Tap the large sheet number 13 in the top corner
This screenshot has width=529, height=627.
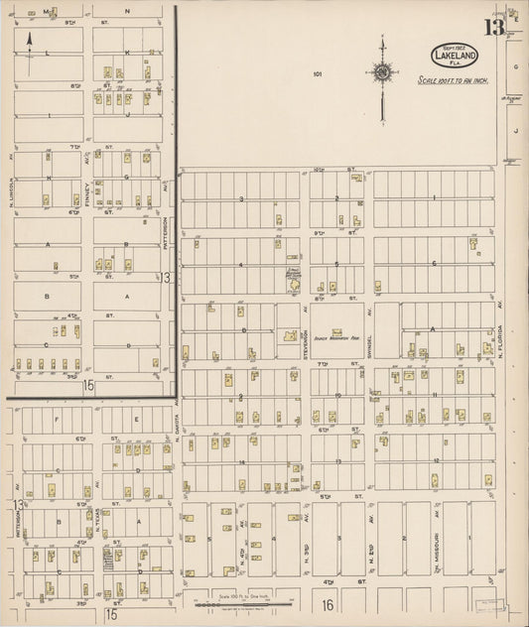coord(493,27)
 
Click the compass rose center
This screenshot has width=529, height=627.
coord(382,70)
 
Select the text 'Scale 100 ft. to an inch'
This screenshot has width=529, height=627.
coord(455,81)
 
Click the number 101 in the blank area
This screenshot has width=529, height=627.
coord(318,73)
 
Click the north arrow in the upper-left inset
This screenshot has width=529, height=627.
coord(30,43)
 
